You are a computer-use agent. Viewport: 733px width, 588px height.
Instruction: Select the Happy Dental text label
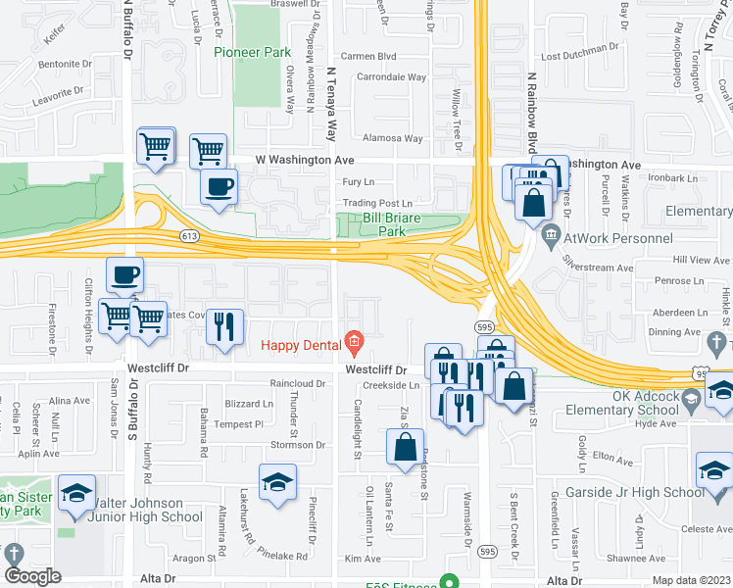(301, 344)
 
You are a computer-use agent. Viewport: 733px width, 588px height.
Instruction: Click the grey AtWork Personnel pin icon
(550, 235)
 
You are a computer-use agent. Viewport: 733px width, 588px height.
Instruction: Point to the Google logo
(32, 576)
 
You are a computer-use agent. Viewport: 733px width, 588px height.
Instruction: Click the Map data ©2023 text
(691, 580)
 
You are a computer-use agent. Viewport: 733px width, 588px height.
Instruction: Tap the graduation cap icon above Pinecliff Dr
(278, 481)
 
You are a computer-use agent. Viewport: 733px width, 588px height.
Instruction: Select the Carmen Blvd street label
(367, 57)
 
